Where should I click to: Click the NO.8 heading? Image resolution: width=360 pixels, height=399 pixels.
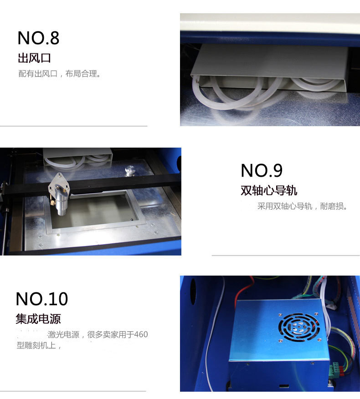[x=38, y=38]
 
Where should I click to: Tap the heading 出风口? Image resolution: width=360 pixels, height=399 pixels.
[x=34, y=58]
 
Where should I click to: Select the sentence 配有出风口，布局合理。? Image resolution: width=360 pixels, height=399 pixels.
[x=59, y=74]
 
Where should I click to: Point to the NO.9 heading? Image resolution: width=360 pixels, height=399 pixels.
[x=262, y=170]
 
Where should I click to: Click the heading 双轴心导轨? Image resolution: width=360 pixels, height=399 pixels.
[x=269, y=190]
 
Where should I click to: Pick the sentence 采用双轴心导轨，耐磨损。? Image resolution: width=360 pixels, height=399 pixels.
[x=303, y=206]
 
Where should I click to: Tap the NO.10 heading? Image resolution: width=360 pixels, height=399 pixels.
[x=42, y=299]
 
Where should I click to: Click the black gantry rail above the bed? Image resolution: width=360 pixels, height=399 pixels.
[x=114, y=184]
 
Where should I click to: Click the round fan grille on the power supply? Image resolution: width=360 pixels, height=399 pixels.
[x=299, y=327]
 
